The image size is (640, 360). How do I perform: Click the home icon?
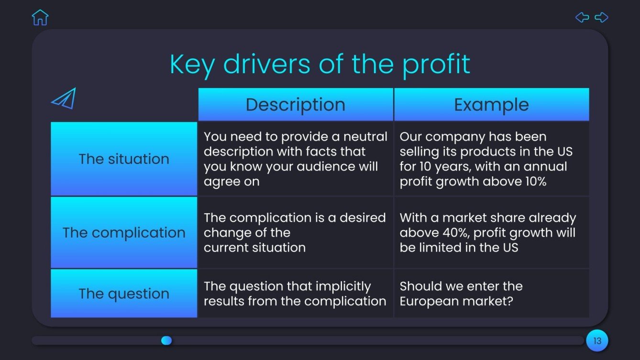point(40,17)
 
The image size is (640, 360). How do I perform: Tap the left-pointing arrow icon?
point(582,18)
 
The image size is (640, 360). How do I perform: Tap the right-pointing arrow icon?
point(601,18)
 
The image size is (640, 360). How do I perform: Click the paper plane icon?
point(64,98)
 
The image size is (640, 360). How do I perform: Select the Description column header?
point(295,105)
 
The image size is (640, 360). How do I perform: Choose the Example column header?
point(491,105)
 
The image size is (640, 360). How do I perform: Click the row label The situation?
point(124,159)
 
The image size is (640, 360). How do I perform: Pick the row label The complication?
point(124,233)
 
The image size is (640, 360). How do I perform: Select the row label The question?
point(124,294)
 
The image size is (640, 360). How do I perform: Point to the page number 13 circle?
point(597,341)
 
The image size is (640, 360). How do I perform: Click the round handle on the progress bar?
point(166,340)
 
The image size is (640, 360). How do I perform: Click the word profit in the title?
point(436,65)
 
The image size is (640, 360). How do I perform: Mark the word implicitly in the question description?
point(343,286)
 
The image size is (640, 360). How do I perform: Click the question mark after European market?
point(509,301)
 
